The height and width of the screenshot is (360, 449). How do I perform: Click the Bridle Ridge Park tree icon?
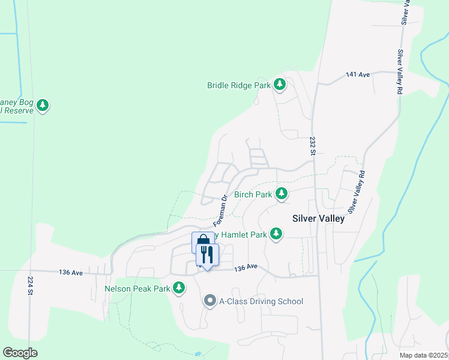pyautogui.click(x=279, y=85)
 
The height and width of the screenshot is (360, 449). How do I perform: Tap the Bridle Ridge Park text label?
pyautogui.click(x=239, y=85)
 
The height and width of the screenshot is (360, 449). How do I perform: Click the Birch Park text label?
pyautogui.click(x=253, y=194)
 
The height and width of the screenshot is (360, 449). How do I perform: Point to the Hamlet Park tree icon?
pyautogui.click(x=276, y=233)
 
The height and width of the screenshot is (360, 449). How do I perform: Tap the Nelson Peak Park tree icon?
pyautogui.click(x=178, y=288)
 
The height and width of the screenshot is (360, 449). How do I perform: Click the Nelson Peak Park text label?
pyautogui.click(x=137, y=289)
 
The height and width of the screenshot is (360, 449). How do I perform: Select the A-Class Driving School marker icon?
pyautogui.click(x=209, y=301)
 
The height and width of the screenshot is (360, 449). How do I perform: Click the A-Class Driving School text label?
pyautogui.click(x=261, y=301)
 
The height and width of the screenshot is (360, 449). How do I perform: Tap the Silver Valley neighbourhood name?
pyautogui.click(x=318, y=218)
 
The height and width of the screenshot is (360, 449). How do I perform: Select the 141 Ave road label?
pyautogui.click(x=358, y=75)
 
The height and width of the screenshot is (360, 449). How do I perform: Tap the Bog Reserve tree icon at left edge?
pyautogui.click(x=42, y=106)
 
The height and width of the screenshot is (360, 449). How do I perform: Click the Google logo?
pyautogui.click(x=20, y=353)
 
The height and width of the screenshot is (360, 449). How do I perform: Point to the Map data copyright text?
pyautogui.click(x=423, y=355)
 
